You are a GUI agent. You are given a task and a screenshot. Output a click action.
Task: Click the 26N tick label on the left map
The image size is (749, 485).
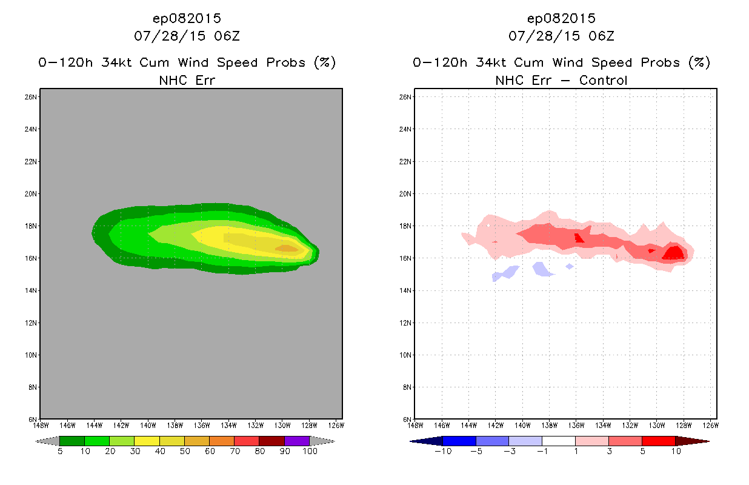[x=30, y=97]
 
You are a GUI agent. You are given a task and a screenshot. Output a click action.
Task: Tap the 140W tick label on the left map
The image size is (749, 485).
[x=148, y=426]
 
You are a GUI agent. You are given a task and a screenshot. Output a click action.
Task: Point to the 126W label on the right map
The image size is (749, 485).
[x=711, y=426]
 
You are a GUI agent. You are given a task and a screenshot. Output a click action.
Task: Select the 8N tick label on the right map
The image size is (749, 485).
[x=407, y=387]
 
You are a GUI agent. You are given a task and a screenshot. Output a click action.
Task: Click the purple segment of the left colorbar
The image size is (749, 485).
[x=297, y=441]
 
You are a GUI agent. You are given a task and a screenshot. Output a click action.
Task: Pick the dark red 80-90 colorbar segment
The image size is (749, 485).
[x=272, y=441]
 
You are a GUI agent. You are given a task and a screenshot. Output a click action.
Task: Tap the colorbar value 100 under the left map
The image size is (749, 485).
[x=310, y=452]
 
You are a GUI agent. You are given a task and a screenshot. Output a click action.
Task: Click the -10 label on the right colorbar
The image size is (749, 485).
[x=443, y=452]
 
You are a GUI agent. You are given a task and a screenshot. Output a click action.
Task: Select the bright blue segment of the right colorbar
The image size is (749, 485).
[x=459, y=441]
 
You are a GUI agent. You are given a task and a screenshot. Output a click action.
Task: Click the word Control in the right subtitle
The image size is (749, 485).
[x=603, y=81]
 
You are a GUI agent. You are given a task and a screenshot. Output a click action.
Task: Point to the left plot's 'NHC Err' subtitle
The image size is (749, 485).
[x=187, y=81]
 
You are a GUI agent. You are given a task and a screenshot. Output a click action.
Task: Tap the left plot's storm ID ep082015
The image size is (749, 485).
[x=187, y=19]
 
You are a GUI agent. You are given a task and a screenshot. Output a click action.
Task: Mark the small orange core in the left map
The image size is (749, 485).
[x=287, y=248]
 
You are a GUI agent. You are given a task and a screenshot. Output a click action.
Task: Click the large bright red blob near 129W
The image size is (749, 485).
[x=674, y=253]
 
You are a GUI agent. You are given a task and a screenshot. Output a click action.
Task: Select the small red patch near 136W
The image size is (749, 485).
[x=579, y=238]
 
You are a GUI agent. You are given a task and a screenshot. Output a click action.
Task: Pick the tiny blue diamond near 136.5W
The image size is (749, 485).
[x=570, y=266]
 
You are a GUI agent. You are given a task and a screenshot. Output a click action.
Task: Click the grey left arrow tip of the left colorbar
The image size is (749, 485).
[x=36, y=441]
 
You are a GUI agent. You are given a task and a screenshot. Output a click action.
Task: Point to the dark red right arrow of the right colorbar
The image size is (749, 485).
[x=692, y=441]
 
